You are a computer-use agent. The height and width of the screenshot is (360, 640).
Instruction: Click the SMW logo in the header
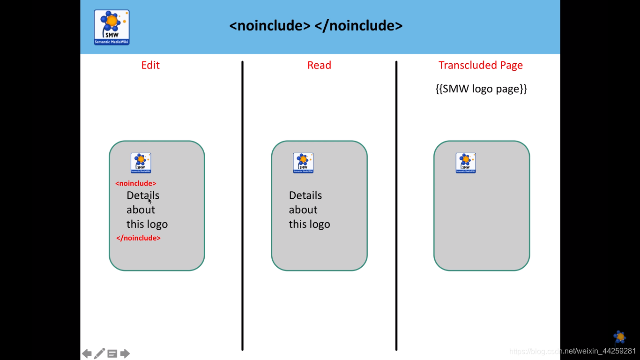click(112, 27)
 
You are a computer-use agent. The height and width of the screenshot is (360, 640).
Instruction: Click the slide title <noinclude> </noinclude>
click(316, 25)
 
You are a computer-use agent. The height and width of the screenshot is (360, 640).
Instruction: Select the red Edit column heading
click(150, 65)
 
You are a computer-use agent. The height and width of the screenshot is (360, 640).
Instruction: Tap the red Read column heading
click(319, 65)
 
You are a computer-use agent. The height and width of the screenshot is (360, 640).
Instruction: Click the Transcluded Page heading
click(480, 65)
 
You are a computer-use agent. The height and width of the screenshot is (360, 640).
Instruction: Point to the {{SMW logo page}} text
click(481, 89)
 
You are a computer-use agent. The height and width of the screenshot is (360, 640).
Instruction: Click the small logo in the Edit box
click(141, 163)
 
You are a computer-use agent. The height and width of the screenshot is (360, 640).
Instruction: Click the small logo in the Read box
click(303, 163)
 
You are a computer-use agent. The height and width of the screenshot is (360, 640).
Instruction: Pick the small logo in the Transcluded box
click(466, 163)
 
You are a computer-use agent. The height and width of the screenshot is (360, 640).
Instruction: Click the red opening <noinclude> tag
click(136, 183)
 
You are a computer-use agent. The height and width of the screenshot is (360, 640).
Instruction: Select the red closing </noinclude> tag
click(138, 238)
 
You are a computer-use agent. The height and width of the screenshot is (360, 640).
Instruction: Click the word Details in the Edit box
click(143, 195)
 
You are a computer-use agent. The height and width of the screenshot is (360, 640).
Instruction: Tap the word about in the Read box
click(303, 210)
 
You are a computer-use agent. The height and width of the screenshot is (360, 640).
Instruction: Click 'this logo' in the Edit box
click(147, 225)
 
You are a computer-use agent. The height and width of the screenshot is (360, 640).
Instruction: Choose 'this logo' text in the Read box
click(309, 225)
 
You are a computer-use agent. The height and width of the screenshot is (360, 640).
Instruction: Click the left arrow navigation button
click(87, 353)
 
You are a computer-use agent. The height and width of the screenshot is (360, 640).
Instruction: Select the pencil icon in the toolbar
click(99, 353)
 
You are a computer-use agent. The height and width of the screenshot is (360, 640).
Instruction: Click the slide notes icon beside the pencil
click(112, 353)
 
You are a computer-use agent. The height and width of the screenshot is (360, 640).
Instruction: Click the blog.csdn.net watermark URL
click(573, 351)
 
